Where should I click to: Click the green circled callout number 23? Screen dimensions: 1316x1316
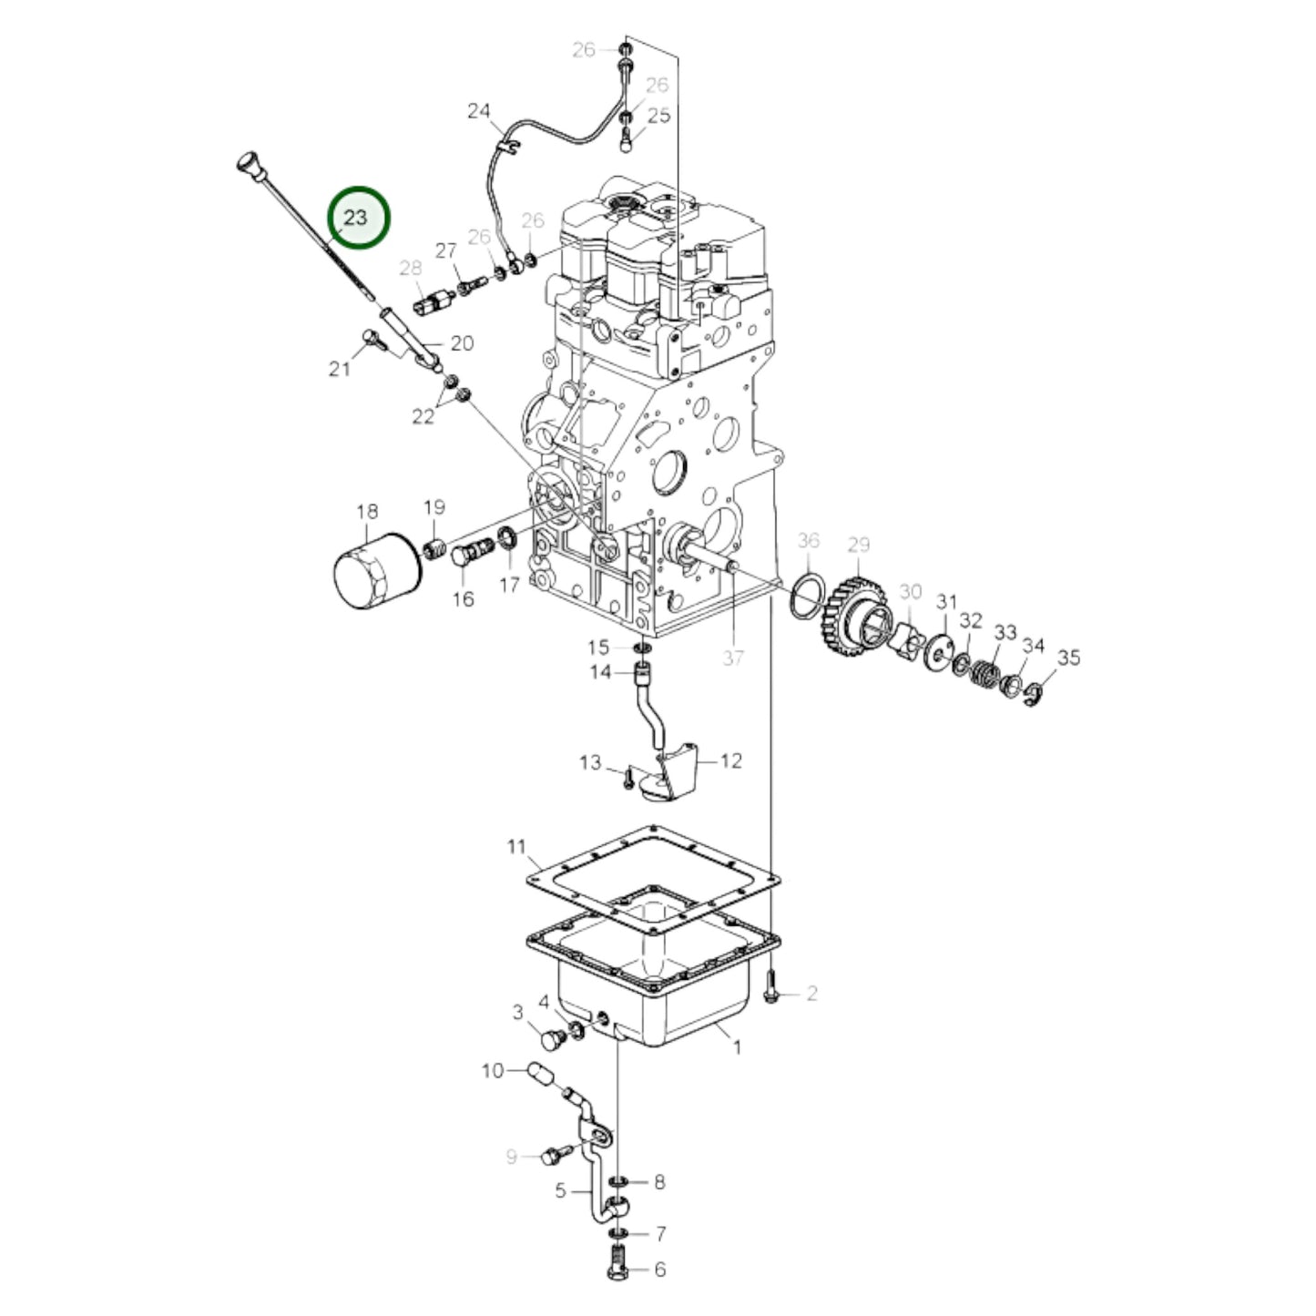[358, 219]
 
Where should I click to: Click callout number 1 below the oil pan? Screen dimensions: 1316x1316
[738, 1047]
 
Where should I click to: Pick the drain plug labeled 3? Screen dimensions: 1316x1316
[549, 1040]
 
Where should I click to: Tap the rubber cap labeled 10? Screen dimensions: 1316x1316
[540, 1075]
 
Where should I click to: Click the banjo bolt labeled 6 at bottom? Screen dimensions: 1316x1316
[617, 1268]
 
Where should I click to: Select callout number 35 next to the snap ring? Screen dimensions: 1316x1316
[1068, 657]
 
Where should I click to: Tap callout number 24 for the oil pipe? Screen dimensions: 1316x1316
[479, 111]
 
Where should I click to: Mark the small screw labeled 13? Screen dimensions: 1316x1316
[627, 778]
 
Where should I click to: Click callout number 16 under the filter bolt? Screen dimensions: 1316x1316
[464, 598]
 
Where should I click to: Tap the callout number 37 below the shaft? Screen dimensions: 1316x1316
[733, 658]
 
